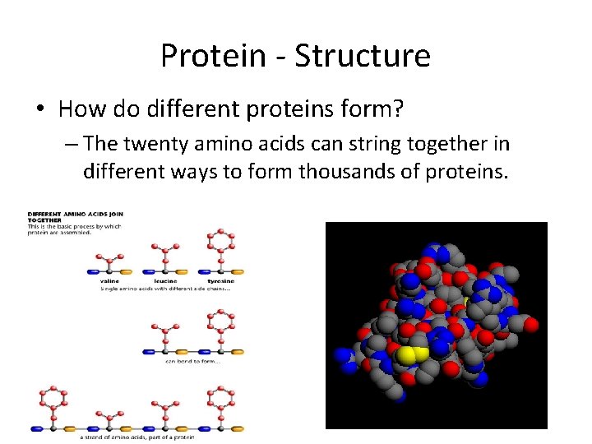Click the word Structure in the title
click(363, 56)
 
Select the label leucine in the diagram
click(167, 281)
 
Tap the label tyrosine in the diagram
click(220, 281)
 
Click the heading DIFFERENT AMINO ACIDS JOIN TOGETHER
click(74, 217)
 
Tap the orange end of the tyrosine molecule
click(238, 271)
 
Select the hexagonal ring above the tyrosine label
click(220, 241)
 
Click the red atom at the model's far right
click(532, 325)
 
